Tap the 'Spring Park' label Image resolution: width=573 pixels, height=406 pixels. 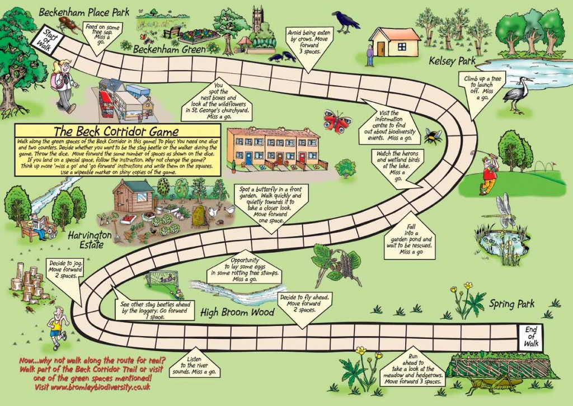[511, 304]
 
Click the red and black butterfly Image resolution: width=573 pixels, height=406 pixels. [337, 120]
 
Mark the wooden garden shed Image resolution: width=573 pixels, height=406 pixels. [133, 195]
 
